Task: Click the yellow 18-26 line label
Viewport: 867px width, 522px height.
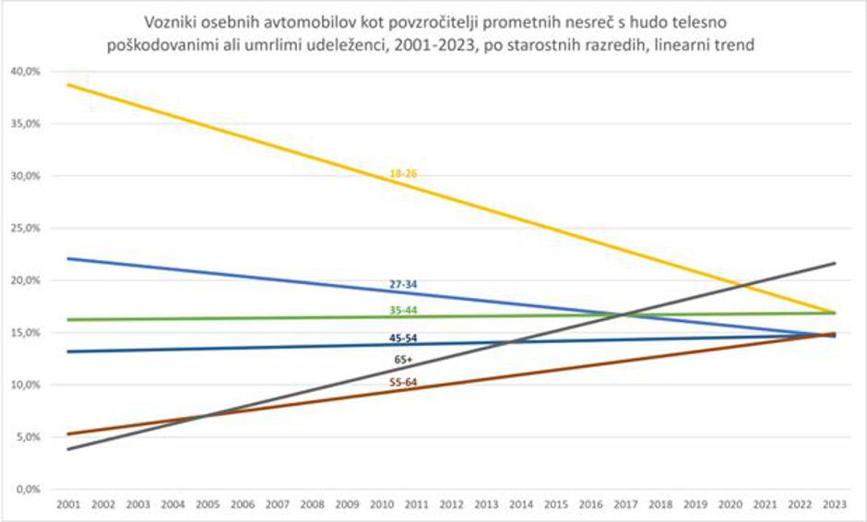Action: (403, 173)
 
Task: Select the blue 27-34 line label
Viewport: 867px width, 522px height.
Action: (403, 285)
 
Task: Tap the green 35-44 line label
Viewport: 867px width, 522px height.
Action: (403, 310)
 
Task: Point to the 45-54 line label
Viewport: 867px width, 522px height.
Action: (403, 338)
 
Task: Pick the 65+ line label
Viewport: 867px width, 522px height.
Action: (403, 359)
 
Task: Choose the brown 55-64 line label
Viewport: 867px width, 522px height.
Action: (403, 381)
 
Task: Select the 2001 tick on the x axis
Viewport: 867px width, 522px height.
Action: (67, 506)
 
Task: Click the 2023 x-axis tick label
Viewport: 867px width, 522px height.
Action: (835, 506)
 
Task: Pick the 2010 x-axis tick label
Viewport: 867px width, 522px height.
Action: (381, 506)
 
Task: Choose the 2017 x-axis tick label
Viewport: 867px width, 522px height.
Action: (625, 506)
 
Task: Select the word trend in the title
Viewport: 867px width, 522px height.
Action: (735, 43)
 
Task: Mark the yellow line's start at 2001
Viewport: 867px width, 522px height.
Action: (67, 85)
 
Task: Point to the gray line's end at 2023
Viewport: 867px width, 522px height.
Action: (835, 263)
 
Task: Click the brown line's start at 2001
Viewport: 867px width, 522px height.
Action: (67, 433)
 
